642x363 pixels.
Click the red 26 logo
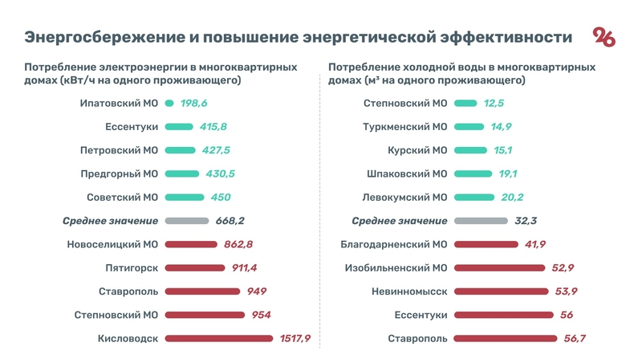[604, 38]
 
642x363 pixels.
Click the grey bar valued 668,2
[185, 221]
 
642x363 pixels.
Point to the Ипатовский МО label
[120, 104]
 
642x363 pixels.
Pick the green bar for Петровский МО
[180, 150]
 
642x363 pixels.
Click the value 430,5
[218, 174]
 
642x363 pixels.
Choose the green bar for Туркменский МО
[469, 127]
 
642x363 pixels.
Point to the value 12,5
[494, 104]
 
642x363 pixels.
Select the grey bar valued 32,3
[480, 221]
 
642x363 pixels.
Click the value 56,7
[575, 339]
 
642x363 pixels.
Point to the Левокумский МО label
[403, 198]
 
